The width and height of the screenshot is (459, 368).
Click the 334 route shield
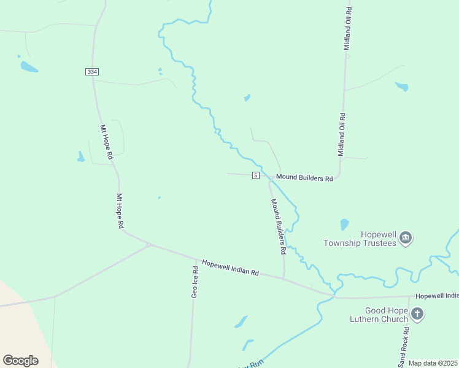92,72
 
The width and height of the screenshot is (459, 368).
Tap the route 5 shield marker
256,176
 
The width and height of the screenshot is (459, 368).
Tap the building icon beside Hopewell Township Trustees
405,237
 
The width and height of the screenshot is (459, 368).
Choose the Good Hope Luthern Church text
387,315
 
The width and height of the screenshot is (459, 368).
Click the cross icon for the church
417,315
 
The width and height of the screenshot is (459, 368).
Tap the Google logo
20,361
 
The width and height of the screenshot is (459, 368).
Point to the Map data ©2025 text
433,363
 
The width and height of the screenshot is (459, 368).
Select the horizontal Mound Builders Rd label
304,177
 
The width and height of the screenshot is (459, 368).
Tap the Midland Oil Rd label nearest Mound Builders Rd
342,134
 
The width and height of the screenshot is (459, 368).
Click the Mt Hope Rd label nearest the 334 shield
107,143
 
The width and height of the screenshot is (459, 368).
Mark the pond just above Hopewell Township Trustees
344,224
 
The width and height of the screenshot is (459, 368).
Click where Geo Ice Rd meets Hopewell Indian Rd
197,259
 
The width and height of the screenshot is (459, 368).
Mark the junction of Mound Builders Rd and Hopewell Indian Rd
284,278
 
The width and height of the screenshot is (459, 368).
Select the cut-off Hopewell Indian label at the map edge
436,296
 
